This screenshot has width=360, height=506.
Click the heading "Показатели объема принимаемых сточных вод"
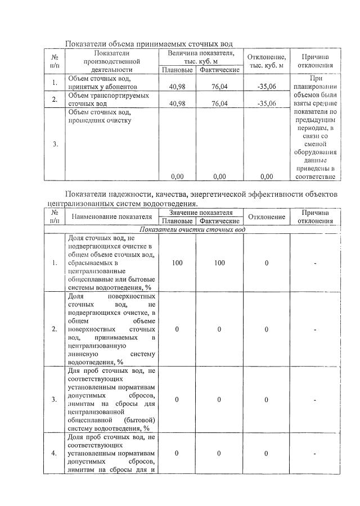pos(148,44)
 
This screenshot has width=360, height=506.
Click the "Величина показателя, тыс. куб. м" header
pos(200,56)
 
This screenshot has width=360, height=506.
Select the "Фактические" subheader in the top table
pos(219,70)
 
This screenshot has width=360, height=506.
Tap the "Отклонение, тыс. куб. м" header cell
pos(267,61)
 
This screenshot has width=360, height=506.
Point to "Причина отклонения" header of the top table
pos(315,61)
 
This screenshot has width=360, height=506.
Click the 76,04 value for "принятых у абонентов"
pos(219,87)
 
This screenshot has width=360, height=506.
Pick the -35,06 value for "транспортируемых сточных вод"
pos(267,103)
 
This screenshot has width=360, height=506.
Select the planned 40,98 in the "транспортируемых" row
pos(177,103)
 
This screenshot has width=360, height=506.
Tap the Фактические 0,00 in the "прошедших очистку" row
pos(219,177)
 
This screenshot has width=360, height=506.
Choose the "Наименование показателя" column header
pos(111,216)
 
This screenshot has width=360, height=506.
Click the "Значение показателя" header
pos(201,213)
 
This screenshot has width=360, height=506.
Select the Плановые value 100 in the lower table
pos(177,263)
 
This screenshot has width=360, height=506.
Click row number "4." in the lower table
pos(55,453)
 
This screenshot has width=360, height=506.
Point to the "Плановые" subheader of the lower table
pos(177,220)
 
